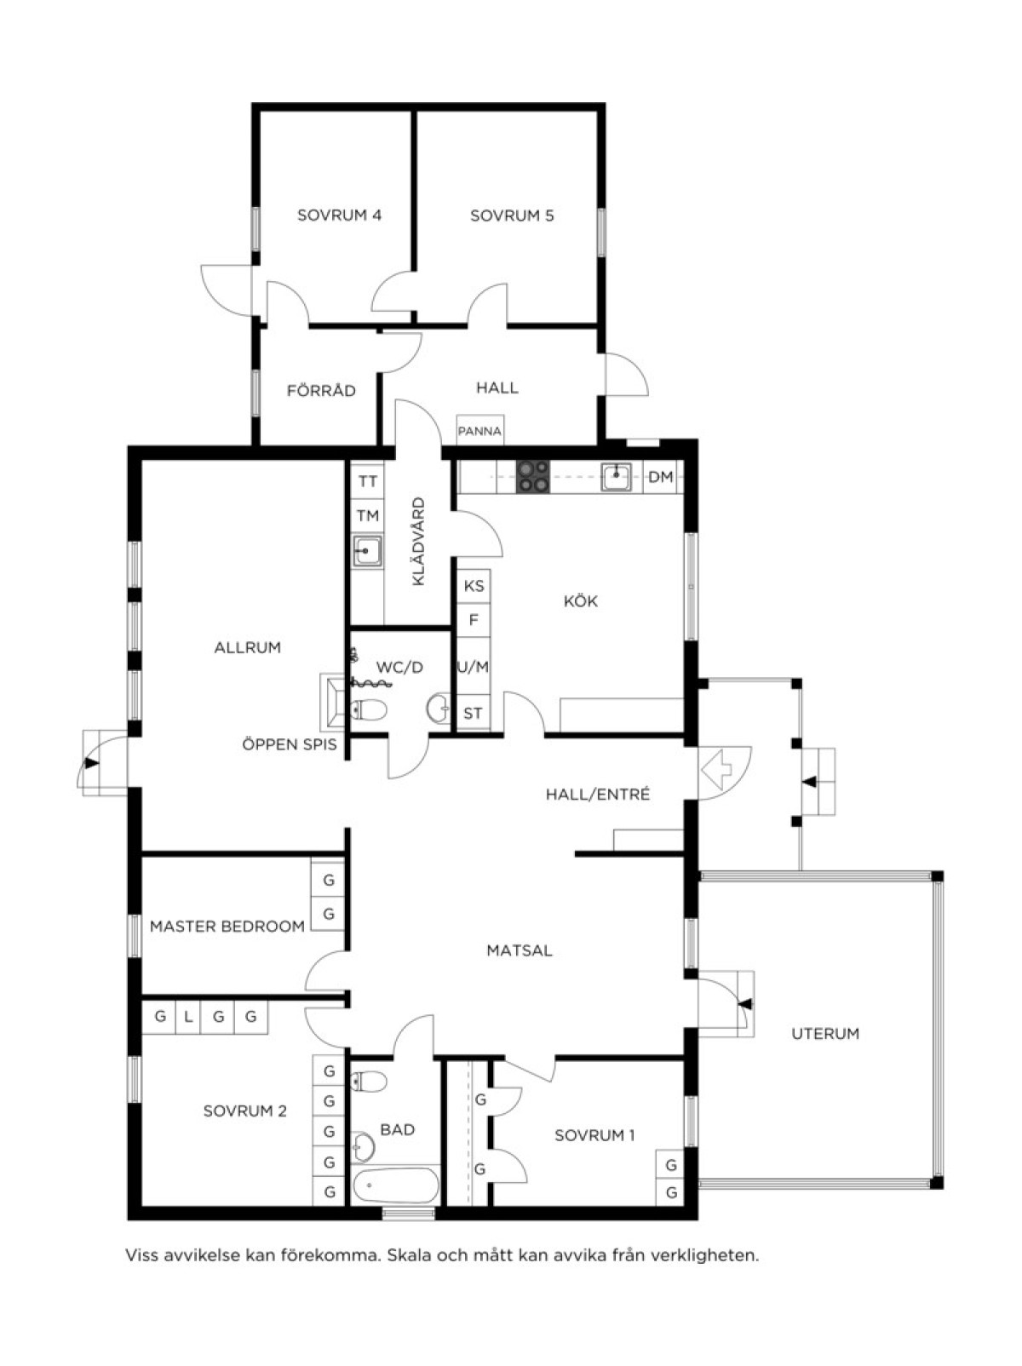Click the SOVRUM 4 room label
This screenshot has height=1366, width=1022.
[339, 215]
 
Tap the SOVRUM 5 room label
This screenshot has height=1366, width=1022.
[512, 216]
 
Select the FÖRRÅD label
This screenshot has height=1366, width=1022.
[321, 391]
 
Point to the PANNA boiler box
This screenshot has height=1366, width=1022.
[479, 431]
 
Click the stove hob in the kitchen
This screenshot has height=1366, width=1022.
[534, 477]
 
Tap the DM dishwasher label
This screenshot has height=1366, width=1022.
[661, 477]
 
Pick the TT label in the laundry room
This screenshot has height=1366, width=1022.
[368, 482]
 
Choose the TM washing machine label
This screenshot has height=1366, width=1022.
[368, 516]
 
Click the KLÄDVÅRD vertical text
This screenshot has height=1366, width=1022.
[418, 542]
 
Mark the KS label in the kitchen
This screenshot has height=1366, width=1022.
[474, 586]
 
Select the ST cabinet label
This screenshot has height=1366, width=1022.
[473, 714]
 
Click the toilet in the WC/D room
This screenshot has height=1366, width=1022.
[369, 709]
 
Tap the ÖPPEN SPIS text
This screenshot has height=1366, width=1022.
[290, 744]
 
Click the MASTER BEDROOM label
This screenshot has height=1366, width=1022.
[227, 927]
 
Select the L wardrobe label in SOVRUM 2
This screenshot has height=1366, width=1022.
[188, 1017]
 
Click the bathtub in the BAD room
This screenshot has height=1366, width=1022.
[396, 1185]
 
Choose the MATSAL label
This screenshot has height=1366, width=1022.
[520, 951]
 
